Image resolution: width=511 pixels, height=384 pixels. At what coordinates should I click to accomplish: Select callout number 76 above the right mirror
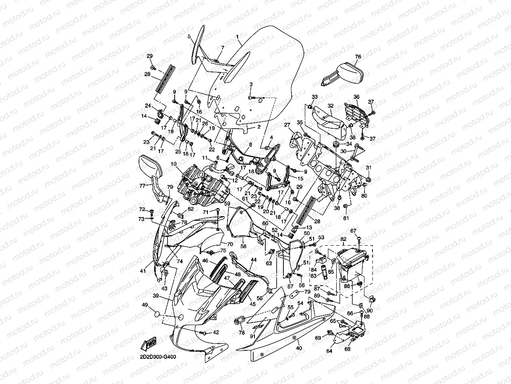click(358, 57)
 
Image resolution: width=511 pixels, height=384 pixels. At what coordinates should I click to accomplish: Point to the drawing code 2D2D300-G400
click(158, 358)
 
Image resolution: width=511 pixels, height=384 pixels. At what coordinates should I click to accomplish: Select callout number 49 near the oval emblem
click(145, 305)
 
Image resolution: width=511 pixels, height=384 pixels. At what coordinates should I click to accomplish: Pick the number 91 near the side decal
click(252, 336)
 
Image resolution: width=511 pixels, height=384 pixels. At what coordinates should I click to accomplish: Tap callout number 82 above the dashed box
click(343, 239)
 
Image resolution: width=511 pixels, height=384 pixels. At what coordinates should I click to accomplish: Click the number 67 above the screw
click(353, 230)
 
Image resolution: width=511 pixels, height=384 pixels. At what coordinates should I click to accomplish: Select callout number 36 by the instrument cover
click(356, 97)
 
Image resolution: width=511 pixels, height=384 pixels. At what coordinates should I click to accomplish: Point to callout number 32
click(330, 106)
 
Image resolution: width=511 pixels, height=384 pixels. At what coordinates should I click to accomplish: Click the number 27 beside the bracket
click(287, 125)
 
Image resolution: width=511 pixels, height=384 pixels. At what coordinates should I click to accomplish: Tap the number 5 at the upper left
click(189, 37)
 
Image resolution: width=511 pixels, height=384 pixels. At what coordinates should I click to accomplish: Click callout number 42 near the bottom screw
click(216, 332)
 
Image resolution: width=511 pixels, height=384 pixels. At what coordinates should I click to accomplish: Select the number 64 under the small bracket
click(329, 351)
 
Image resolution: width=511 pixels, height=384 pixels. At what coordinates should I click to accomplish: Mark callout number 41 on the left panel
click(143, 271)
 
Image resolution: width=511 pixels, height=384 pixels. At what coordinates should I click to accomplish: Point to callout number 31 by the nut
click(369, 168)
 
